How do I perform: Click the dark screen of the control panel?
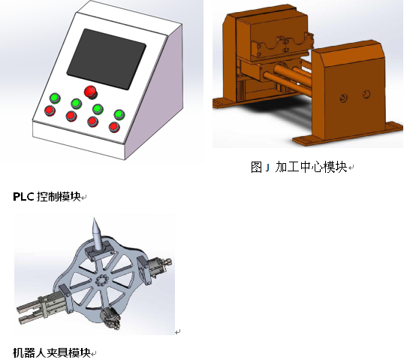106,59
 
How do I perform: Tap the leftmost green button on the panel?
55,98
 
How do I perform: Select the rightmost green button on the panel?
119,115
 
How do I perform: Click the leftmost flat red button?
50,110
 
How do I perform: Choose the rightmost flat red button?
114,127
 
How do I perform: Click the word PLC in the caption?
23,197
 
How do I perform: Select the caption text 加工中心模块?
311,167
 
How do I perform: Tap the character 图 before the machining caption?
256,168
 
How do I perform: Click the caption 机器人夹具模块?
52,352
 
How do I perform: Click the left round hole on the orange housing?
344,98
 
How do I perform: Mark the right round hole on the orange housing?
366,94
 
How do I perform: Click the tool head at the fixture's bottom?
110,318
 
